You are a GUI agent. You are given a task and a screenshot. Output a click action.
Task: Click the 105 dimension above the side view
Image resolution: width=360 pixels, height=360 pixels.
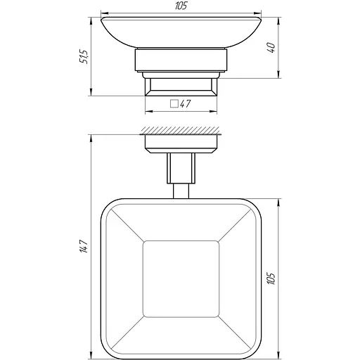pos(180,7)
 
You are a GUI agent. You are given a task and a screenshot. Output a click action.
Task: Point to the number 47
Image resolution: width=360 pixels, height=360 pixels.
pos(186,103)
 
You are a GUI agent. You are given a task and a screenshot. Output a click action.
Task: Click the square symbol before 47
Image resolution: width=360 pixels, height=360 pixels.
pos(173,103)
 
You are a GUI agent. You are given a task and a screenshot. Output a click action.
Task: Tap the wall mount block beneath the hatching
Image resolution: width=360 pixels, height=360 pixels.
pos(180,143)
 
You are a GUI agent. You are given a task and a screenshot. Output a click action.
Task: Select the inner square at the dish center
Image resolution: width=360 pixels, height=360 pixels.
pos(180,280)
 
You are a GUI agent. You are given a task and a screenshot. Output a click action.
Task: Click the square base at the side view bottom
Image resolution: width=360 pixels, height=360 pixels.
pos(180,87)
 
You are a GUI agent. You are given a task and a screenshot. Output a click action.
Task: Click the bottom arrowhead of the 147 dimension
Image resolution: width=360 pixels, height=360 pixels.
pos(91,355)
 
